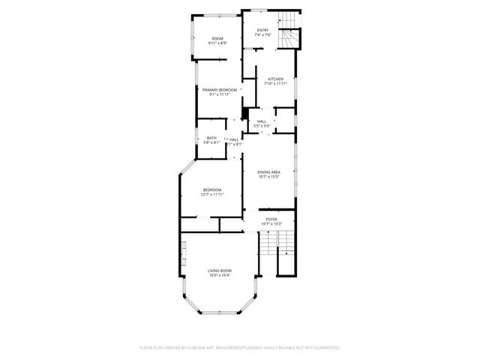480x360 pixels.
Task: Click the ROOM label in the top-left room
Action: point(217,38)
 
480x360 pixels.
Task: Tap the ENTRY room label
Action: point(262,30)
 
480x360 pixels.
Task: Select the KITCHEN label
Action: point(275,79)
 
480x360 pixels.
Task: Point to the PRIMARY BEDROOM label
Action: point(219,90)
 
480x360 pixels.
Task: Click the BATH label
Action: point(211,137)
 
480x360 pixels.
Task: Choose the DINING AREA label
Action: point(268,172)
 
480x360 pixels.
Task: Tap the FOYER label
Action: point(271,219)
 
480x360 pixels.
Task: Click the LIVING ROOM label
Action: point(219,270)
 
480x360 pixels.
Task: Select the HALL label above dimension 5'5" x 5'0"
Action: point(262,121)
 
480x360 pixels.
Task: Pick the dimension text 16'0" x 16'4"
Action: point(219,275)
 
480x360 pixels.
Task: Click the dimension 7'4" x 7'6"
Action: point(262,34)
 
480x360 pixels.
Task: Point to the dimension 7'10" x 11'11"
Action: point(275,83)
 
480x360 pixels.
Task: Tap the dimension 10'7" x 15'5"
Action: point(268,177)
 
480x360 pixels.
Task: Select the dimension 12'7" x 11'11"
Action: point(212,194)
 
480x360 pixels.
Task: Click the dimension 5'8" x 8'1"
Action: point(211,142)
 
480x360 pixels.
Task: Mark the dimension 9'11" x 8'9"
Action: point(217,43)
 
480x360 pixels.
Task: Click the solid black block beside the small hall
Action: point(245,113)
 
